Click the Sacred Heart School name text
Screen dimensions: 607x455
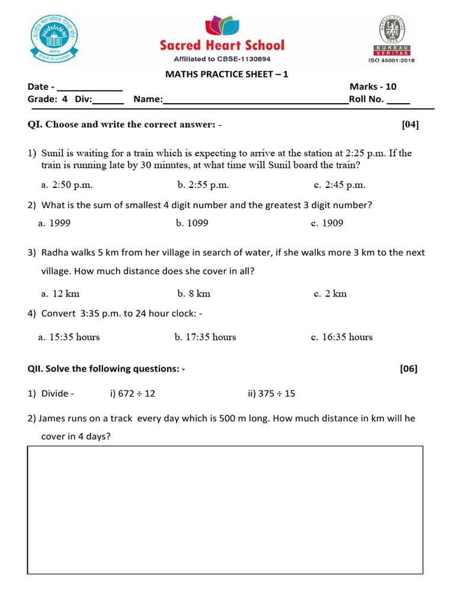[222, 46]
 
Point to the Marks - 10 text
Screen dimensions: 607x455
[373, 87]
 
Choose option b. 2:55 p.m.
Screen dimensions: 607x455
[203, 185]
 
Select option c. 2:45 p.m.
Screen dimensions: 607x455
[339, 185]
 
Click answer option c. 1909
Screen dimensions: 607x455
[327, 223]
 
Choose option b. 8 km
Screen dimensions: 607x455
[194, 293]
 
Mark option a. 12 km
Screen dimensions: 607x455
[60, 293]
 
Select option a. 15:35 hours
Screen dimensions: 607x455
[69, 337]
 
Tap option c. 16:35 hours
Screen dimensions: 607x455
[342, 337]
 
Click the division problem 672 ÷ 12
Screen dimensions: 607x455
[133, 393]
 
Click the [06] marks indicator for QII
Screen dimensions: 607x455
[409, 369]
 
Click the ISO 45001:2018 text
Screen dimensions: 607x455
[393, 60]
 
